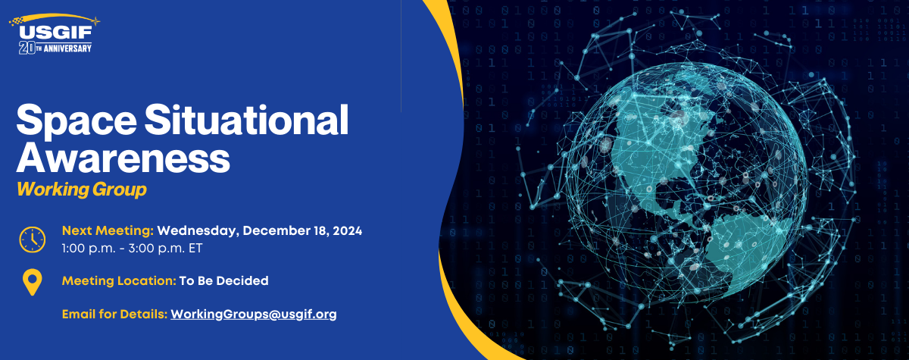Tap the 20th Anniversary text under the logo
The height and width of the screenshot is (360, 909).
click(55, 48)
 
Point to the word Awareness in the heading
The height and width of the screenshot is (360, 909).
click(123, 158)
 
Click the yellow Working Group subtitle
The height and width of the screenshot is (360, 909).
click(81, 189)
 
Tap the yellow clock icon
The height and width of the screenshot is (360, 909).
click(32, 239)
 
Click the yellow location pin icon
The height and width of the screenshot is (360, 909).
click(32, 283)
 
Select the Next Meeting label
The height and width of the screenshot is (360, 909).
click(108, 230)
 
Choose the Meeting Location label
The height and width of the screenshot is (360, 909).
click(119, 280)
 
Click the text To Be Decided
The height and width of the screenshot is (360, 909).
click(223, 280)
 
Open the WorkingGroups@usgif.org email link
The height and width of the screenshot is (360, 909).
click(254, 313)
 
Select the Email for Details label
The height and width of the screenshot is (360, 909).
click(114, 313)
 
